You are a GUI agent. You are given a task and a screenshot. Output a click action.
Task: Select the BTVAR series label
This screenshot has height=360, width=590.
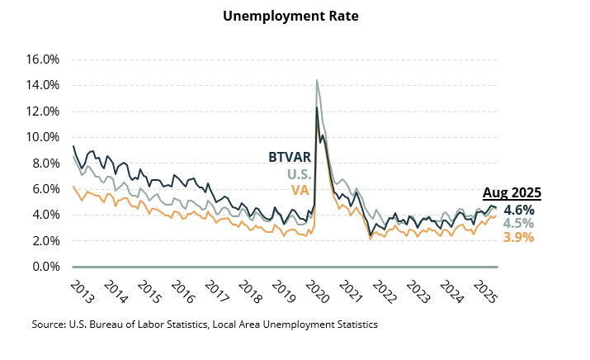coord(289,157)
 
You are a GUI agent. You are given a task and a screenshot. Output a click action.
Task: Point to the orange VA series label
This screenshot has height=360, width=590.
coord(300,191)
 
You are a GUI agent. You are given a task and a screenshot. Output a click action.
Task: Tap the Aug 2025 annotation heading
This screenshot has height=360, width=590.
coord(512,193)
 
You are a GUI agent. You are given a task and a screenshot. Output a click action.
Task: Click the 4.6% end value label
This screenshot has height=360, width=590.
coord(519,210)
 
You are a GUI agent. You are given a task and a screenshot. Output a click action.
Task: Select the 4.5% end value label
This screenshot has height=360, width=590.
coord(519,224)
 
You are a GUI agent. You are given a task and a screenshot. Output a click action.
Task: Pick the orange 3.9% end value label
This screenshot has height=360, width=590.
coord(519,237)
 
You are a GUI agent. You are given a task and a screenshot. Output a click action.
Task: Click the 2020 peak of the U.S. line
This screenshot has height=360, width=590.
coord(317,80)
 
